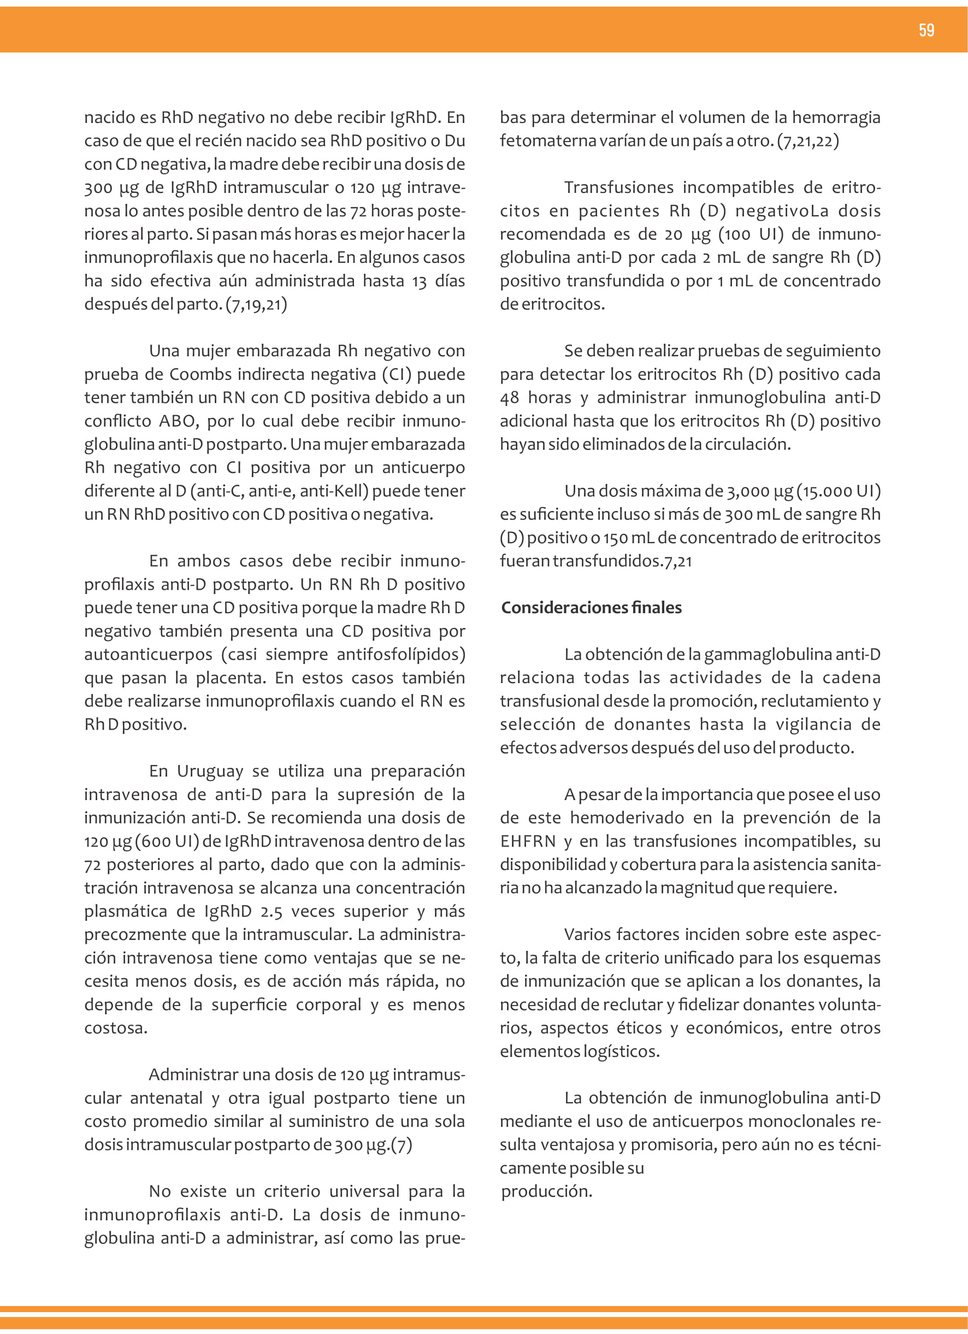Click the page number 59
[x=926, y=30]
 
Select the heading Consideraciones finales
[x=591, y=608]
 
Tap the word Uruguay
[x=210, y=771]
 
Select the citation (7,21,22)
[x=808, y=140]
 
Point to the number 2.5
[x=271, y=911]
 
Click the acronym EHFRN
[x=528, y=841]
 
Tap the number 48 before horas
[x=509, y=398]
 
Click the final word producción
[x=546, y=1191]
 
